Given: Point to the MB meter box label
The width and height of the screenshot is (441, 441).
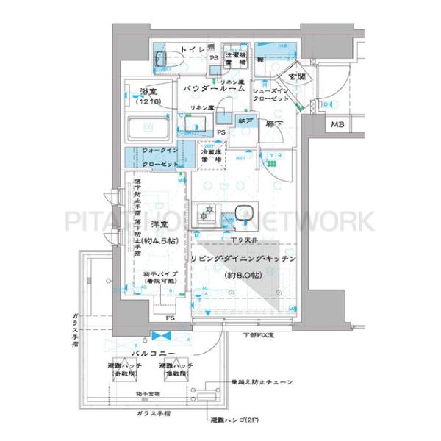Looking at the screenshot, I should [x=336, y=125].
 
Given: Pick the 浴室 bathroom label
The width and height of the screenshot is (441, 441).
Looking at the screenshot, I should [x=149, y=93].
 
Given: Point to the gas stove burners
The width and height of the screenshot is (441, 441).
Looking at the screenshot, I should [x=209, y=214].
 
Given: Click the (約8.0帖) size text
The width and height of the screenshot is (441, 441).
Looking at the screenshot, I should [x=243, y=276].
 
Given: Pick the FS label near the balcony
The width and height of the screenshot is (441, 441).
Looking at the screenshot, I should [x=169, y=318].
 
